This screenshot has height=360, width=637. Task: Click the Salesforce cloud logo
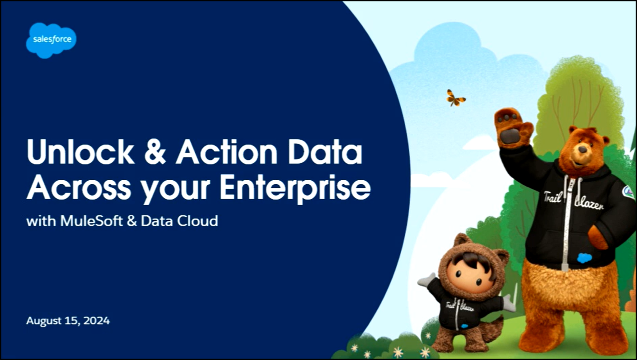point(51,40)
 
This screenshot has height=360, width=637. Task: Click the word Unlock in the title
point(81,152)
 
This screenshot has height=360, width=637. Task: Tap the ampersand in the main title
point(155,152)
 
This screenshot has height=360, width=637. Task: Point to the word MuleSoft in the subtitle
point(91,221)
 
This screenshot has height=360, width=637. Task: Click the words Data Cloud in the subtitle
point(179,221)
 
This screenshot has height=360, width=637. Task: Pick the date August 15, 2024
point(68,321)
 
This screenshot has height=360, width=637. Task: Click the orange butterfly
point(455,98)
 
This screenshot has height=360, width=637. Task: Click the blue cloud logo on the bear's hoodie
point(585,258)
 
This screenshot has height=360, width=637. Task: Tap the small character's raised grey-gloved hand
point(427,280)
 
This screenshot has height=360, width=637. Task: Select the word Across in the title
point(79,187)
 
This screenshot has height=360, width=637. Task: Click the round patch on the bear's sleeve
point(628,192)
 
